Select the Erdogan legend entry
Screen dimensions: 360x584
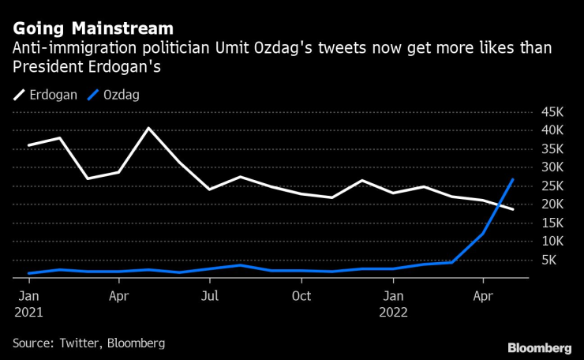click(x=46, y=95)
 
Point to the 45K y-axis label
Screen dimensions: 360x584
click(x=552, y=111)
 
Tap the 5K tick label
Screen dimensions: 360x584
click(x=555, y=260)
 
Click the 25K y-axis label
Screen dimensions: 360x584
click(x=552, y=186)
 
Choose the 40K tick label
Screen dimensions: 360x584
click(x=552, y=129)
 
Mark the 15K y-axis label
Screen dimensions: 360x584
click(x=552, y=223)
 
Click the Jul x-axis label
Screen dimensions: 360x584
click(x=210, y=296)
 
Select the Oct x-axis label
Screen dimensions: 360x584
click(x=301, y=296)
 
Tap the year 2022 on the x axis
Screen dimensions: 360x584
click(x=393, y=312)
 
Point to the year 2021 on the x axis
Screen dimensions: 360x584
click(x=28, y=312)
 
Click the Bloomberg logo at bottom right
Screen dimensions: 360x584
click(x=539, y=347)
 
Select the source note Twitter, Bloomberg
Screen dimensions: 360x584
click(x=88, y=343)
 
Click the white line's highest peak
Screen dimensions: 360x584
click(x=149, y=128)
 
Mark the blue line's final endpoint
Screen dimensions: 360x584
click(x=513, y=180)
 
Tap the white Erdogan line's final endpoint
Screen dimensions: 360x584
click(x=513, y=209)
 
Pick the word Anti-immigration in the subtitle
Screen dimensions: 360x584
click(x=62, y=49)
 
